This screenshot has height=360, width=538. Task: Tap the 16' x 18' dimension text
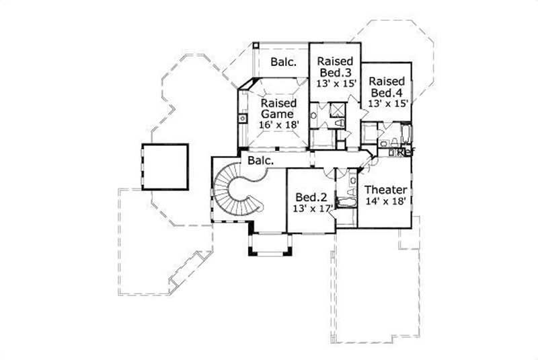[x=279, y=125]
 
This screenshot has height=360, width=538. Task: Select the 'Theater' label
[x=385, y=190]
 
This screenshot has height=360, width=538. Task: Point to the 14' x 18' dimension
[x=385, y=203]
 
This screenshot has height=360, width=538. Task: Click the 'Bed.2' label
[x=311, y=197]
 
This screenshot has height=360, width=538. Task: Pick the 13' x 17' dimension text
[x=313, y=209]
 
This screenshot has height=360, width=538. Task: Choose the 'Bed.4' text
[x=386, y=92]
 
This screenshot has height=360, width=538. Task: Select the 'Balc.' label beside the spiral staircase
[x=260, y=161]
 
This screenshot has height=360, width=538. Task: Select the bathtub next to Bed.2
[x=346, y=202]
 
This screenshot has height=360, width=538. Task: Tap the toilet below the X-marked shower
[x=338, y=124]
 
